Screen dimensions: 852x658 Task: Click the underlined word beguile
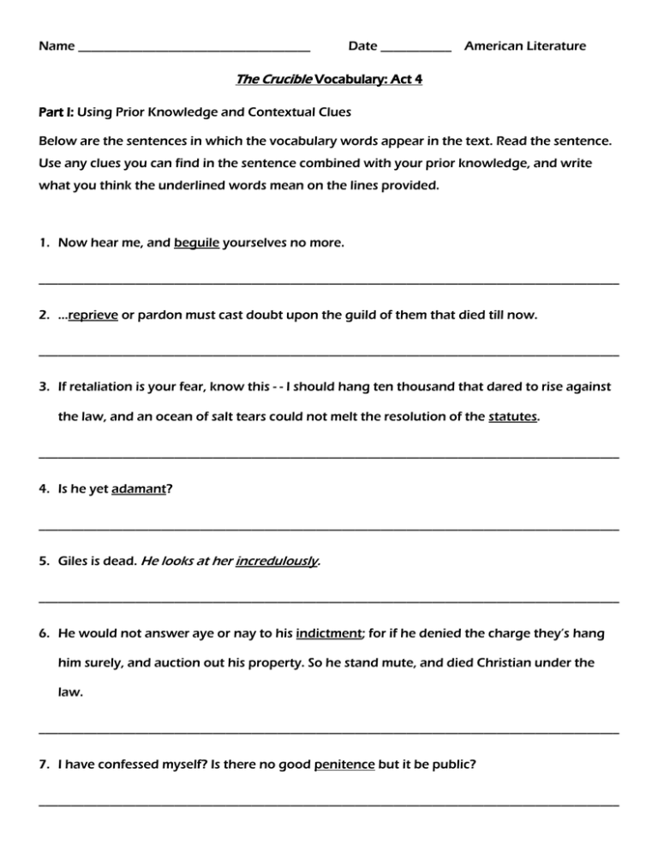click(197, 244)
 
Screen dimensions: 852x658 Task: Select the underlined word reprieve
click(87, 315)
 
